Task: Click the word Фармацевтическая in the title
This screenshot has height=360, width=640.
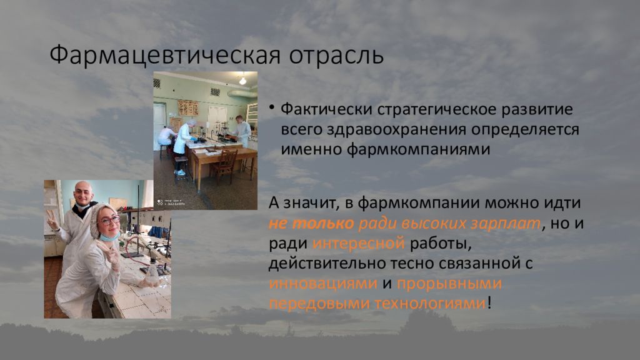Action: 165,55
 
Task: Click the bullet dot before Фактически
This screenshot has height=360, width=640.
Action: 271,107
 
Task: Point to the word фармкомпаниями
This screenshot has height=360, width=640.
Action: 418,149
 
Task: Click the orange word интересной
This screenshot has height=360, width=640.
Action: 358,243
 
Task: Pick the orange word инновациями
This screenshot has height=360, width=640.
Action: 323,283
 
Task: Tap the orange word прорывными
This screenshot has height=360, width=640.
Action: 449,284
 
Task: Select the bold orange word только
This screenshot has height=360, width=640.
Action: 323,223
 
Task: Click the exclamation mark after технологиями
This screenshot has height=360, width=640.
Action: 490,303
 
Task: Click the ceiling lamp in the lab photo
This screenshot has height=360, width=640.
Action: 243,81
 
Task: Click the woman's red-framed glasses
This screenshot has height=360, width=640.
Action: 109,221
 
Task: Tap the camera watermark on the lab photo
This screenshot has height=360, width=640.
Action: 171,202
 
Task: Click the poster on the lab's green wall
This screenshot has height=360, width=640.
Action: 188,108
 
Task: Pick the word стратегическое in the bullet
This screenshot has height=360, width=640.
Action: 436,110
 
